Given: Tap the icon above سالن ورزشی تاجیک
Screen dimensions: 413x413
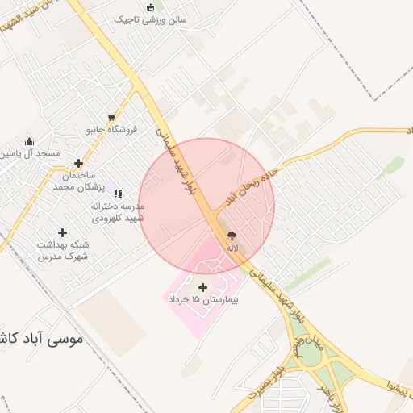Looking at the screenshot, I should [150, 7].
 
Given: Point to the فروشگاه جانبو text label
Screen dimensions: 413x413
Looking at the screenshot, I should [112, 129].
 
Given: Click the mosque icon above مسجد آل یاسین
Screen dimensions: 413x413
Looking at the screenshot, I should [29, 142].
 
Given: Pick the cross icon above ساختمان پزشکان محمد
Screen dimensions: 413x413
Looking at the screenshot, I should [78, 164].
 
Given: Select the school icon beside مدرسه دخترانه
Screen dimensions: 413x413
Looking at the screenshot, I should [119, 194].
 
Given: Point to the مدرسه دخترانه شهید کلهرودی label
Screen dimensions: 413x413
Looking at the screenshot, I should [116, 212].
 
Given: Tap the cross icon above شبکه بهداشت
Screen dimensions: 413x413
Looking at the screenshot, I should [62, 233].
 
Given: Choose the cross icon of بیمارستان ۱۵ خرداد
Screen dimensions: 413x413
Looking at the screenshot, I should [202, 287].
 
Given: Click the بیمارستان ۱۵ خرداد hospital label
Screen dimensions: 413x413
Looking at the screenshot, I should [205, 299].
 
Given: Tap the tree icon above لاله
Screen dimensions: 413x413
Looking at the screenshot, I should [232, 236].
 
